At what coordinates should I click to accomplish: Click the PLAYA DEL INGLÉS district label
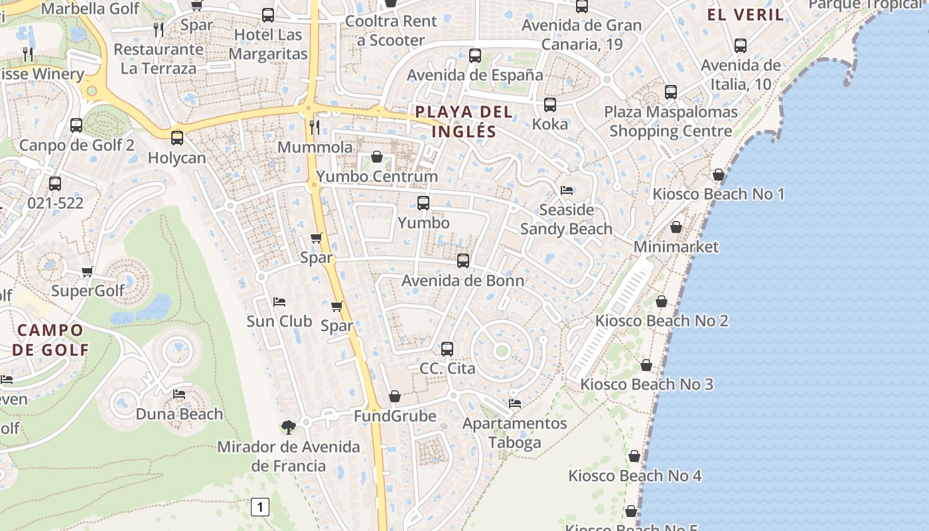tap(464, 121)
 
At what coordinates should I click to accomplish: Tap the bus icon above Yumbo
tap(423, 203)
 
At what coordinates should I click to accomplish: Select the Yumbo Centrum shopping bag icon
tap(377, 157)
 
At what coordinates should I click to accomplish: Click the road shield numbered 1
tap(260, 508)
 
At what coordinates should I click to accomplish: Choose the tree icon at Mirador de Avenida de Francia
tap(288, 427)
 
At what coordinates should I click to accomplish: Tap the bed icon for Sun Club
tap(279, 302)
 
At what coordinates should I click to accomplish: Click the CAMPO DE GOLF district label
tap(50, 340)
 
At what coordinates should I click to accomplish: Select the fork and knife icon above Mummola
tap(315, 127)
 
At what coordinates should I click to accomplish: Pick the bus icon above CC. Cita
tap(447, 348)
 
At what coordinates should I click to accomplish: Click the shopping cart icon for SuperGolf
tap(87, 271)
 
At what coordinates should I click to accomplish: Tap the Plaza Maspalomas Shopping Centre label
tap(671, 121)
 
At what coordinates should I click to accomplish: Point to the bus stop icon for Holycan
tap(177, 138)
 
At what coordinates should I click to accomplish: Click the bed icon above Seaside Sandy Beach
tap(567, 190)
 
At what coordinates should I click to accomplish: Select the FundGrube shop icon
tap(395, 396)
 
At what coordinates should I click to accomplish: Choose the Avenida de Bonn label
tap(463, 280)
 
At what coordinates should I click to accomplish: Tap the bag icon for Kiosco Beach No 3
tap(646, 365)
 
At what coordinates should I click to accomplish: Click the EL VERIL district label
tap(745, 15)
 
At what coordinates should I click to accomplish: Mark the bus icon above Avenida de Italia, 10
tap(741, 46)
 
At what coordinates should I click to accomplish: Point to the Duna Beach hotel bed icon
tap(179, 394)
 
